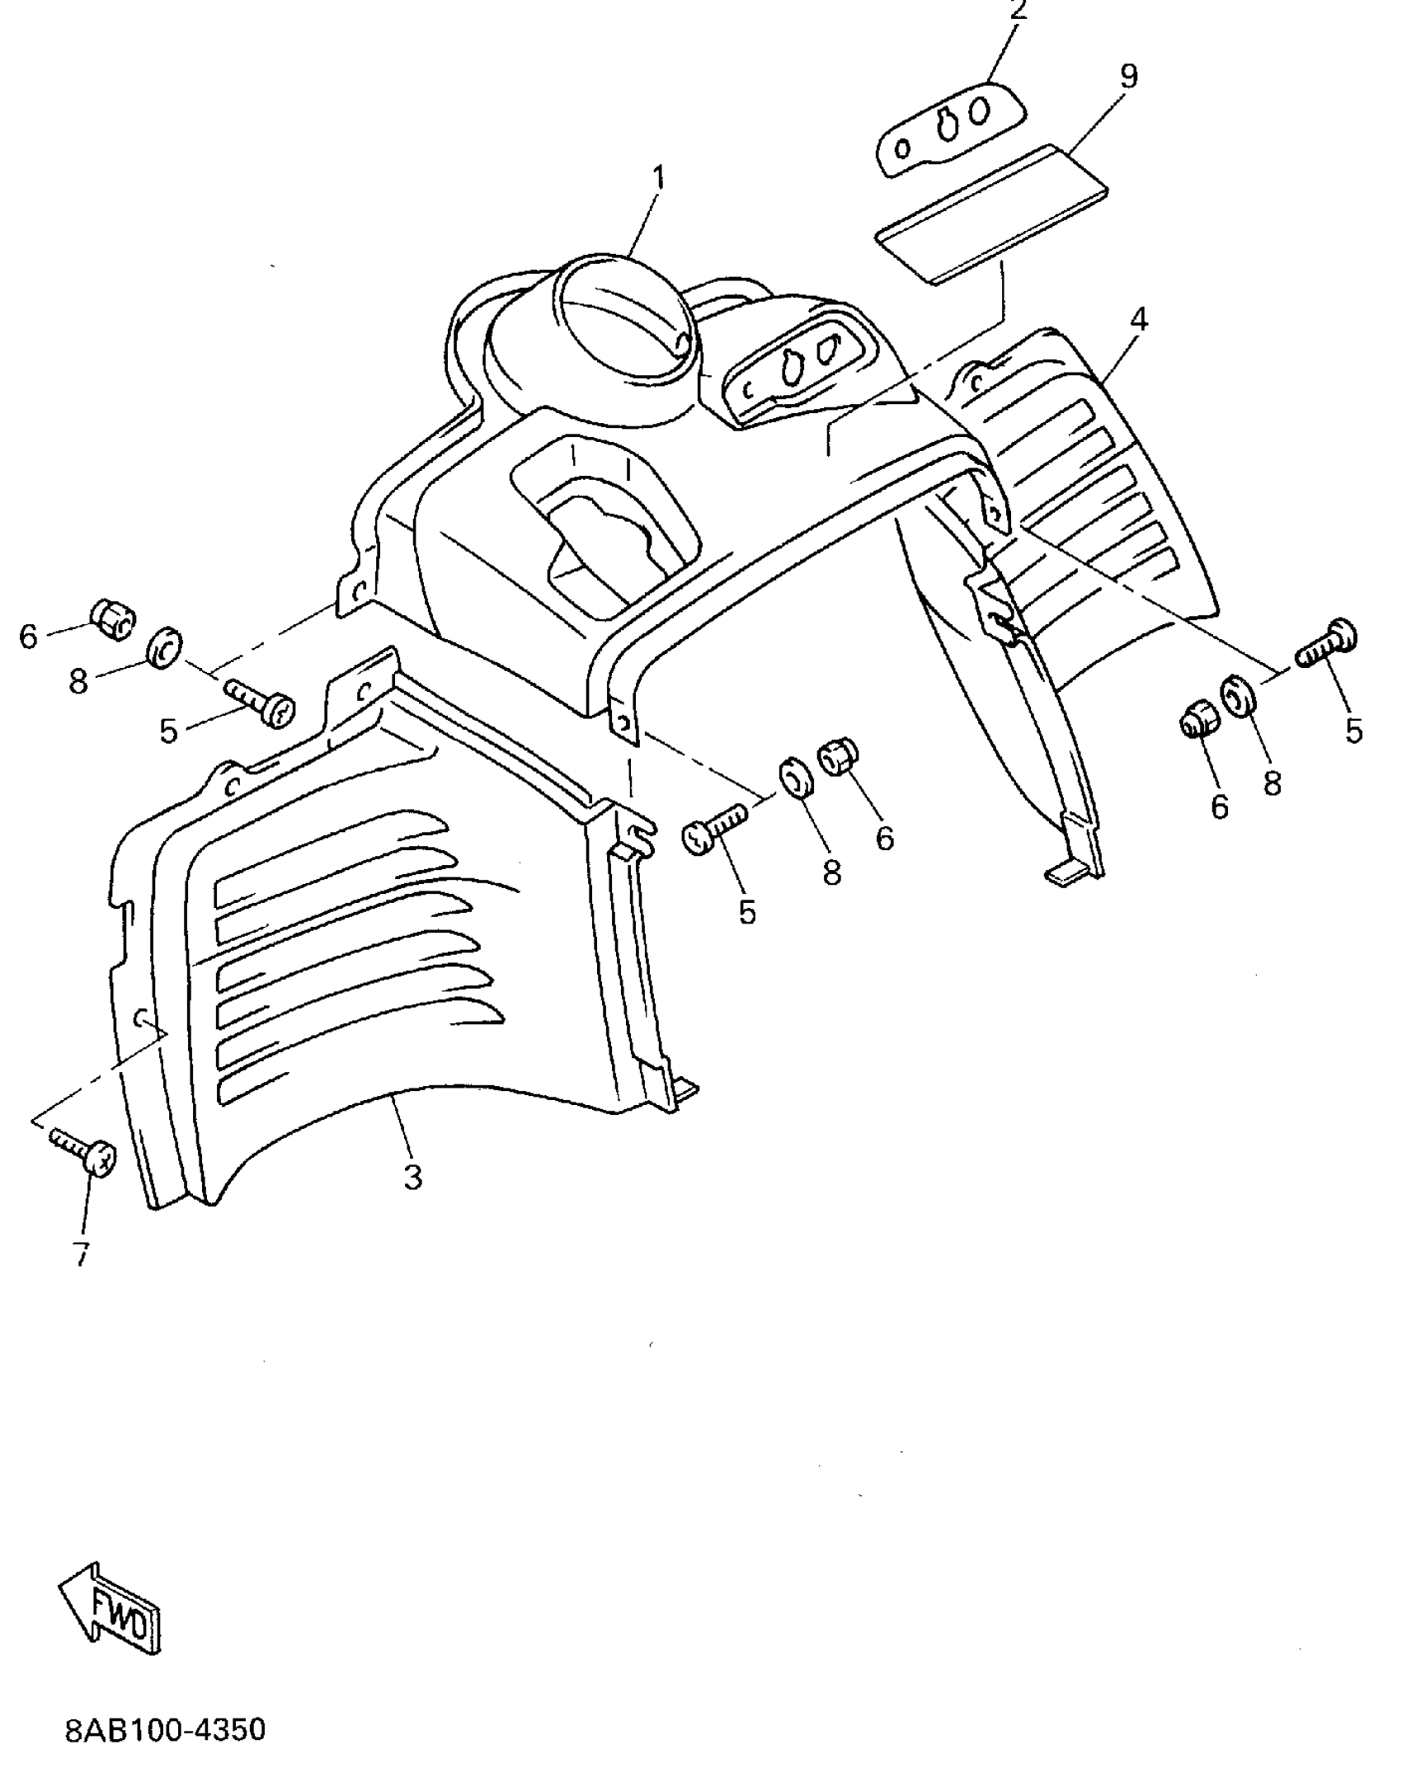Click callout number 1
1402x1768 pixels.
658,176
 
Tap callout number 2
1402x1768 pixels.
1019,11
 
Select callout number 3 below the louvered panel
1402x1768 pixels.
412,1176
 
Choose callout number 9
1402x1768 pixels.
1129,77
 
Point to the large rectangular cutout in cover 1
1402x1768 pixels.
606,536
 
